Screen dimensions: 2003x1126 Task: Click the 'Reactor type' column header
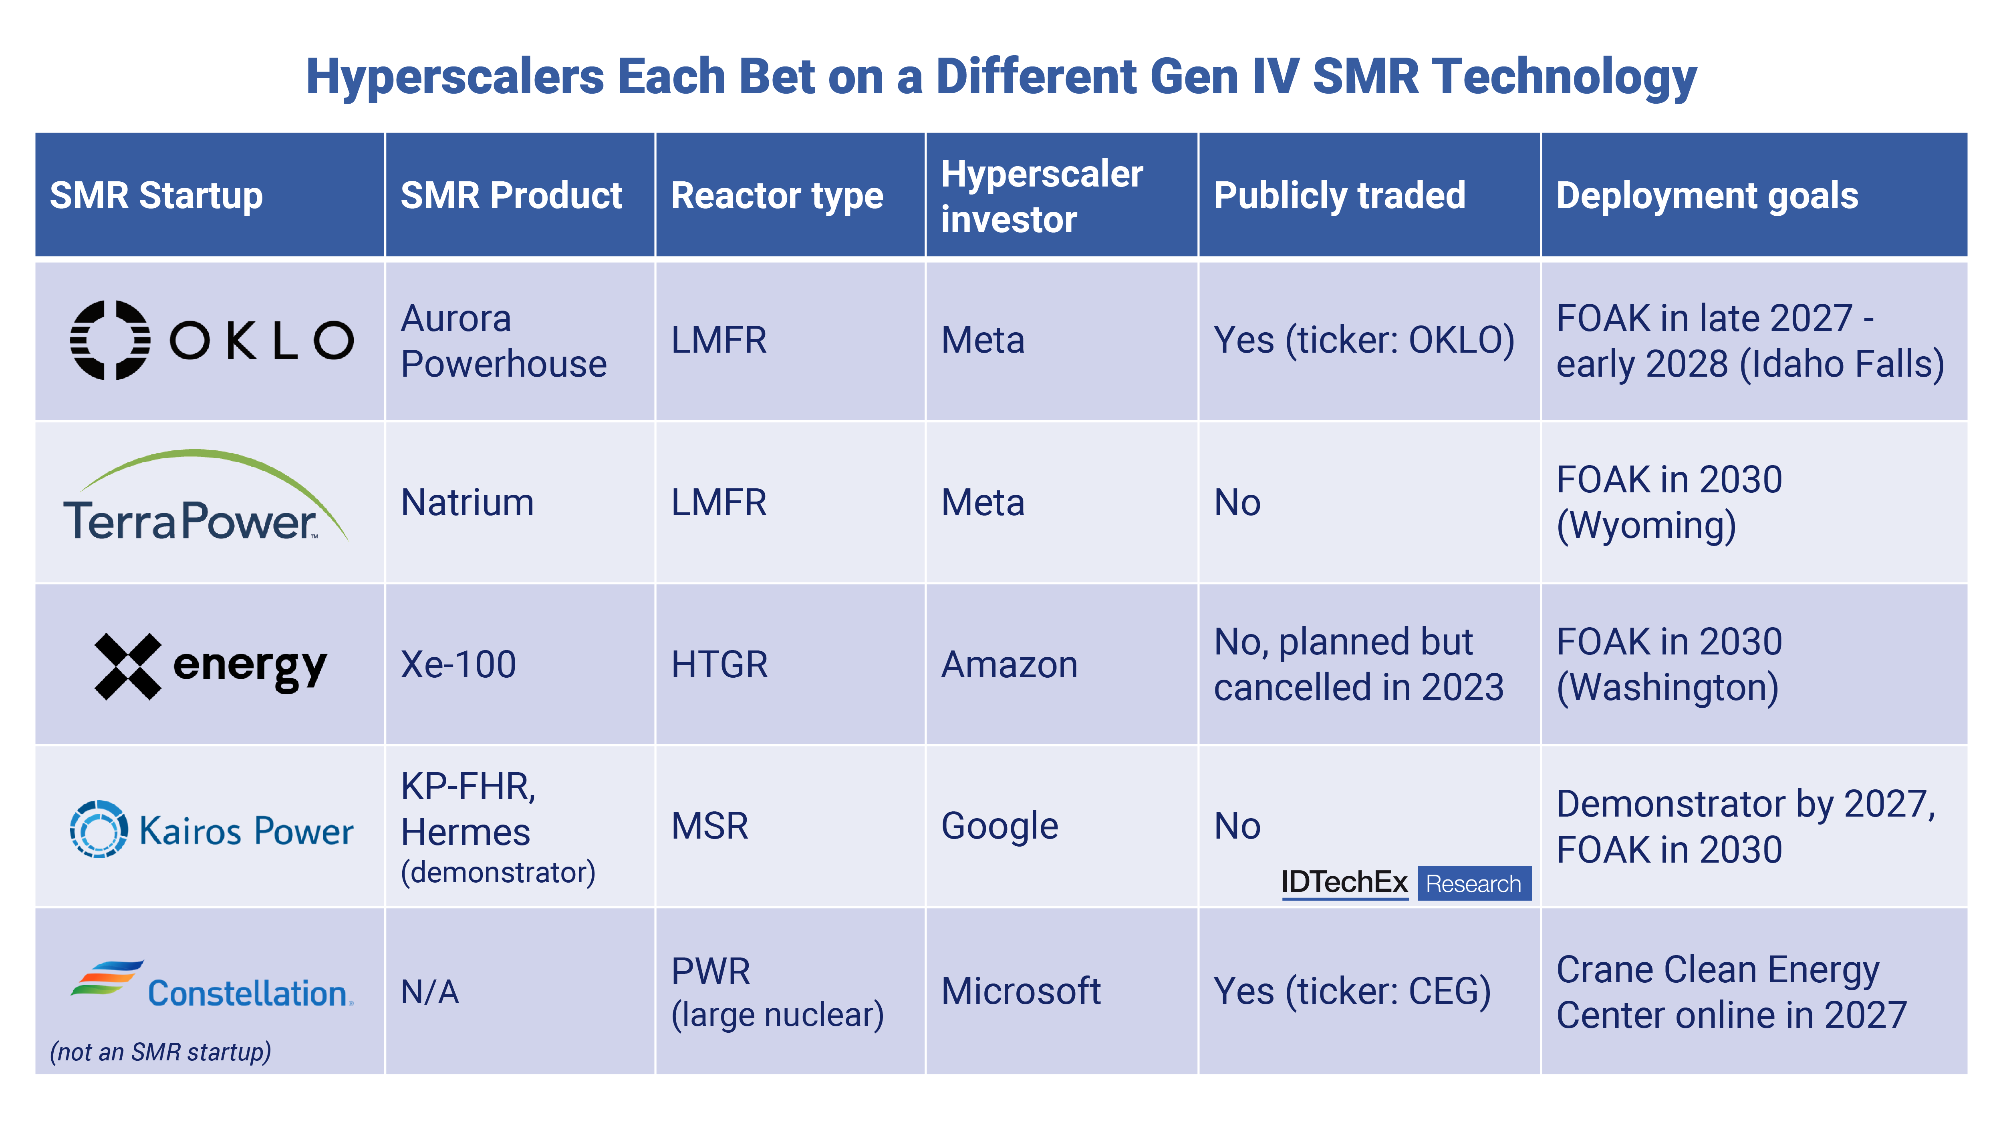[777, 196]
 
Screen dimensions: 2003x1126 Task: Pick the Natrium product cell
[468, 503]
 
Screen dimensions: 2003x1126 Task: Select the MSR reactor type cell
[709, 826]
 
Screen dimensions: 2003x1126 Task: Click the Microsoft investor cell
[1020, 992]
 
